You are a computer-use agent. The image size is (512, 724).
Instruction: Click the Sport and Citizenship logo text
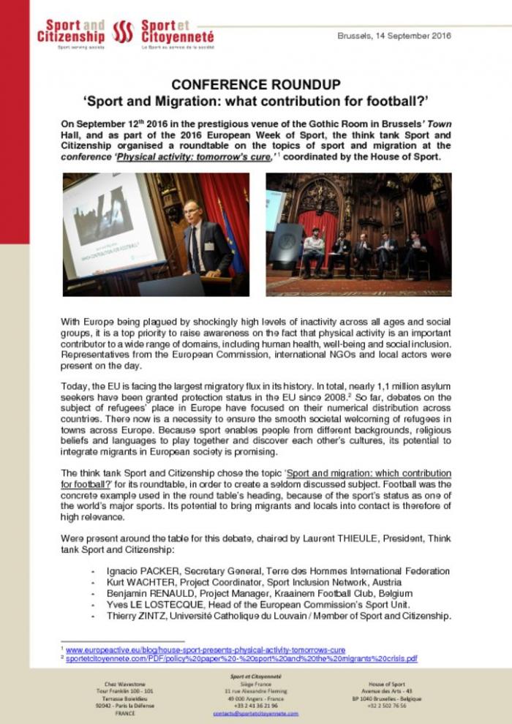coord(72,31)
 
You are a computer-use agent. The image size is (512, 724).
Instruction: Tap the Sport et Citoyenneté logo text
coord(177,31)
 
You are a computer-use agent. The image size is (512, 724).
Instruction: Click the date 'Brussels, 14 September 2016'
coord(394,36)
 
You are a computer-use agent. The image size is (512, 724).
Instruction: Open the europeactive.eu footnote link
coord(206,649)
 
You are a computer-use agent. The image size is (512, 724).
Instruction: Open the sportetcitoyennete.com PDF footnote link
coord(241,658)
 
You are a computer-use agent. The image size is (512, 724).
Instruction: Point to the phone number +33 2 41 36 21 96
coord(256,704)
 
